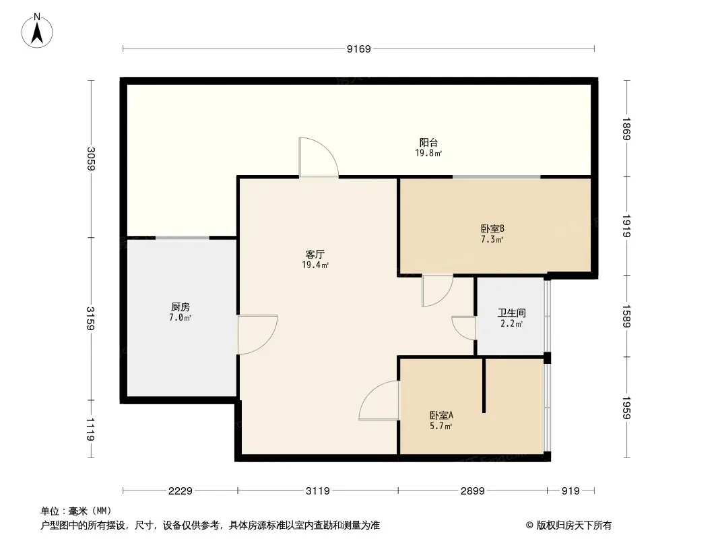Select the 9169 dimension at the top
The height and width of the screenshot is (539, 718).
tap(358, 49)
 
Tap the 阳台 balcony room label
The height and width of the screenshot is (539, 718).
tap(428, 143)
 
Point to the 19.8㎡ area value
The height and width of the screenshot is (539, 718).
tap(428, 154)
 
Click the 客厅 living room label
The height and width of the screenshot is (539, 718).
tap(315, 255)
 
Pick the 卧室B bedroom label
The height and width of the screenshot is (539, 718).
tap(492, 228)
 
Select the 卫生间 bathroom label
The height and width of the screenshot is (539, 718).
tap(511, 313)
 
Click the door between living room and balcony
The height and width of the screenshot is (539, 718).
tap(318, 158)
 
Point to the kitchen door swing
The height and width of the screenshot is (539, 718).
tap(257, 334)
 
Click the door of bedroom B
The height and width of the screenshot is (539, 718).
tap(436, 290)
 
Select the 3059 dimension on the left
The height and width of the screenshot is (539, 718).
tap(91, 158)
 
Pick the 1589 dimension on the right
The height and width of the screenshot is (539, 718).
tap(626, 315)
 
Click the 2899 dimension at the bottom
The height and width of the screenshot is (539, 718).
tap(472, 491)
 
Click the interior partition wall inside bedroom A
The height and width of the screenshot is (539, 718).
tap(484, 385)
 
